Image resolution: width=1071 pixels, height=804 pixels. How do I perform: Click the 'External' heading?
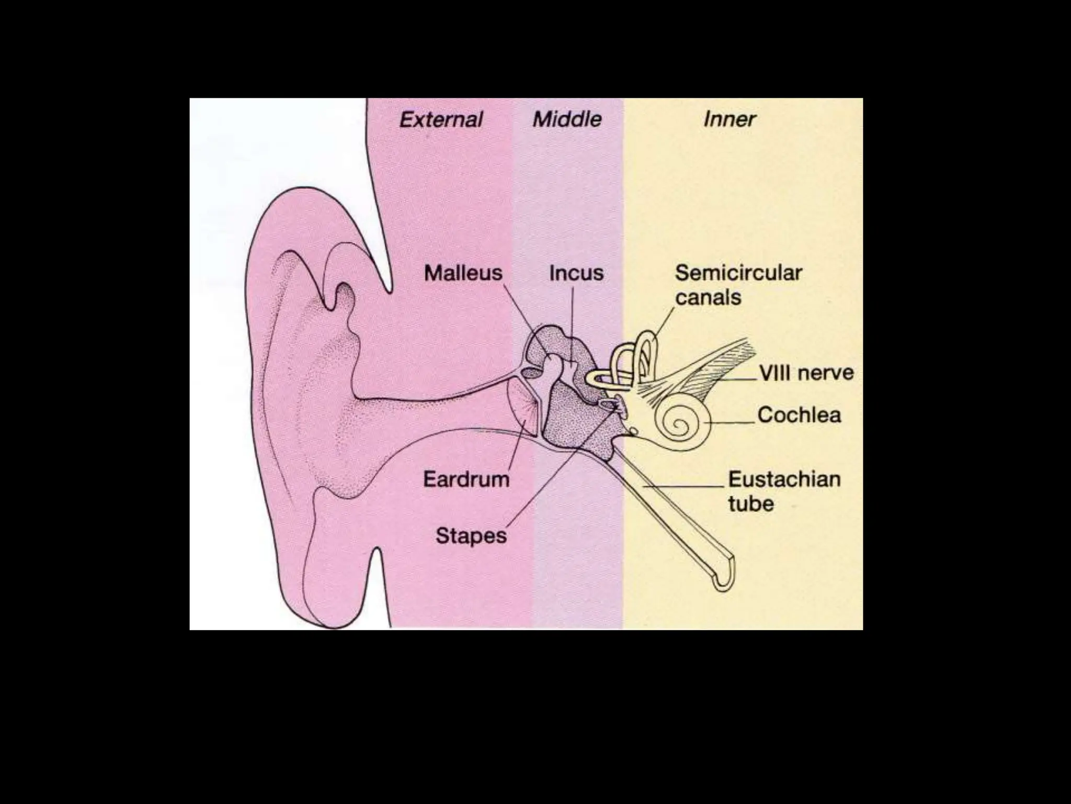pos(441,120)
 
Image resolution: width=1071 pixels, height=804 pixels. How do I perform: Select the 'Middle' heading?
pos(567,119)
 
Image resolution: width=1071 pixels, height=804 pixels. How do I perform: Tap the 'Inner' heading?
pos(729,119)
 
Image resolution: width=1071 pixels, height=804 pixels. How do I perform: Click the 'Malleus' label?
pos(463,273)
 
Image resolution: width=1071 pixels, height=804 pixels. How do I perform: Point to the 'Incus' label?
pos(576,273)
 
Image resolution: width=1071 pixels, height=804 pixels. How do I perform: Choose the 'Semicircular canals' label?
pos(738,285)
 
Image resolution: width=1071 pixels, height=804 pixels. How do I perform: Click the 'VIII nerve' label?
pos(806,373)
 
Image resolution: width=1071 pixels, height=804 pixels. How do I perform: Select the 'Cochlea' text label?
pos(799,415)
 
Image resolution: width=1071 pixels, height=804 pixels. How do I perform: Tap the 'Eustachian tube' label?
pos(784,491)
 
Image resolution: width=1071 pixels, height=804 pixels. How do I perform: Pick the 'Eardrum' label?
pos(466,479)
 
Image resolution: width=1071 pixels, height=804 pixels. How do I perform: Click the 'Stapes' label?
pos(471,535)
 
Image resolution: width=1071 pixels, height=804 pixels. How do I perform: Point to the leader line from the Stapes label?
pos(560,471)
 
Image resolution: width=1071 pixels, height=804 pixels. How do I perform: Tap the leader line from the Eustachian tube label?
pos(685,486)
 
